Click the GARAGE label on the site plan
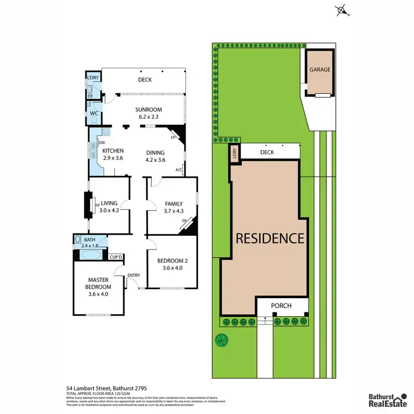point(320,70)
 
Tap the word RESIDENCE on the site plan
point(270,238)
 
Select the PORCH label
point(281,306)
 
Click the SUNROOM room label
point(149,110)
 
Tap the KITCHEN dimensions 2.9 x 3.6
point(112,158)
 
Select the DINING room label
point(155,153)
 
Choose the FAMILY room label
point(174,203)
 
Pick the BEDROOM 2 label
point(171,261)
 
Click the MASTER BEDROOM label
point(100,283)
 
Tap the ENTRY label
point(134,275)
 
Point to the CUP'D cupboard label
point(116,257)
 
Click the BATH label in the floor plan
point(89,239)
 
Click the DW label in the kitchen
point(102,142)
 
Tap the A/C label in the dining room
point(178,169)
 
